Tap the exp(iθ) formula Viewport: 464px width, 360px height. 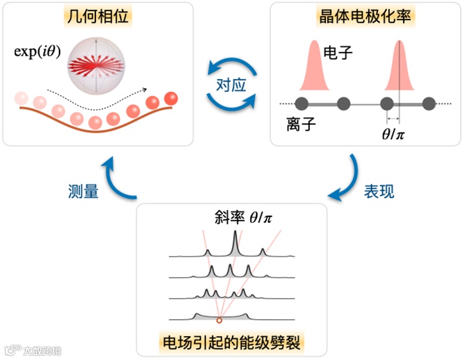pos(38,52)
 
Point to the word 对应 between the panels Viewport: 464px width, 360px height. pos(231,85)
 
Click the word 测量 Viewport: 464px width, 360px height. pos(83,192)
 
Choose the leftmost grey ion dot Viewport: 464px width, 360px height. pos(301,103)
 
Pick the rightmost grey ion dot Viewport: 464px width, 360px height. pos(429,103)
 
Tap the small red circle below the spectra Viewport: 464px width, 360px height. pos(219,320)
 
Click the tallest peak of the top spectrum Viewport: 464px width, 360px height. pos(235,243)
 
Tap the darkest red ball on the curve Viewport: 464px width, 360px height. pos(171,98)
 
